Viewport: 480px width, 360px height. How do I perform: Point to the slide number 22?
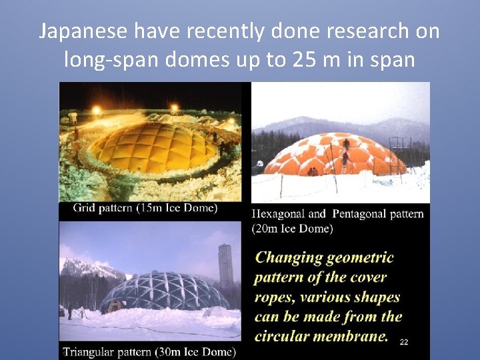403,342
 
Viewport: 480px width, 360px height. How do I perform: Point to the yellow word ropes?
274,297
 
